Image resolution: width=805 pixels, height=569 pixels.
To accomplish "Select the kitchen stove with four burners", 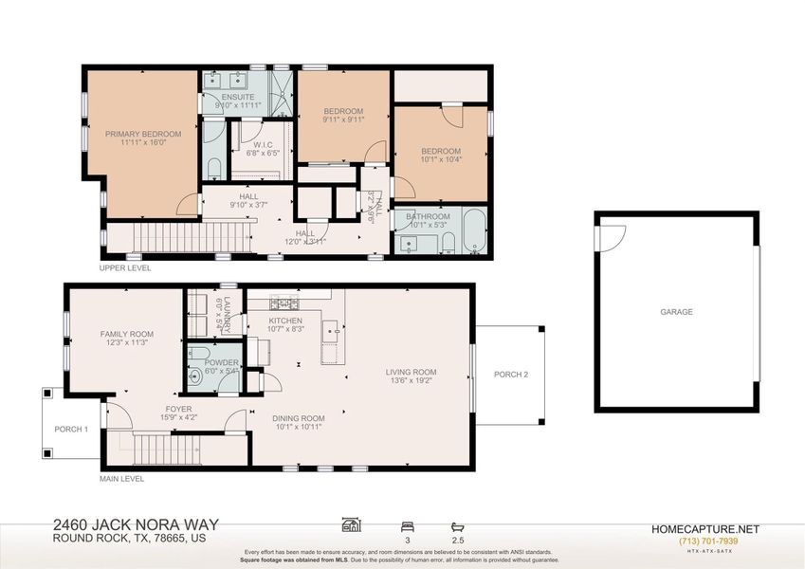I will [x=284, y=303].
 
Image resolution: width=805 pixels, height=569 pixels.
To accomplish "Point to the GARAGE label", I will [x=676, y=312].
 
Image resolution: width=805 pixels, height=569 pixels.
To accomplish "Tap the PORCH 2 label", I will [x=511, y=374].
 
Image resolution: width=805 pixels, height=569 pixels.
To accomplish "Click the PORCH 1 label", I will [x=71, y=429].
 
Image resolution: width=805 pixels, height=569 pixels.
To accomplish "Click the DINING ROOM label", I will [x=299, y=418].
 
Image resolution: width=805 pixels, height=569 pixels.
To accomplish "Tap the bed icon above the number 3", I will [x=407, y=524].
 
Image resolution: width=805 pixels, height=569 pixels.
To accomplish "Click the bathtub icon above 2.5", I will [x=459, y=524].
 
